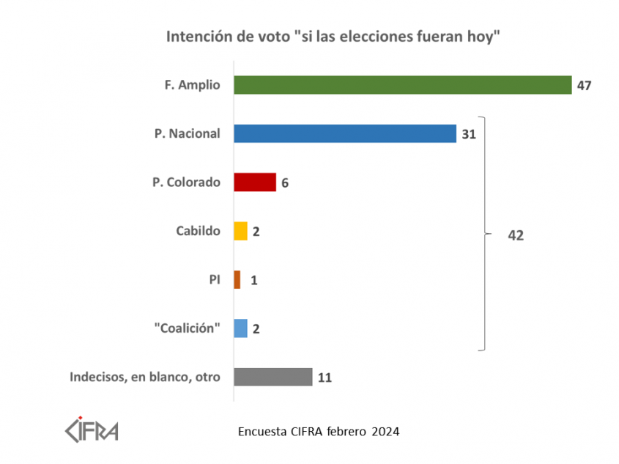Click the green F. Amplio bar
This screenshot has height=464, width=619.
click(x=402, y=85)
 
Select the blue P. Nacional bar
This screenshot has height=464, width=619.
click(x=345, y=133)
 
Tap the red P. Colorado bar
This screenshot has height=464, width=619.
click(x=254, y=183)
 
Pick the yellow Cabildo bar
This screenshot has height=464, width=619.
click(x=240, y=231)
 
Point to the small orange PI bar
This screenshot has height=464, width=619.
click(x=237, y=280)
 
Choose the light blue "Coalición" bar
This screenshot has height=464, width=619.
click(x=240, y=328)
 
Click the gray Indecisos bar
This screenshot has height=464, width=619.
click(x=273, y=378)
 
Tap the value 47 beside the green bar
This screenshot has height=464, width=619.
click(x=584, y=85)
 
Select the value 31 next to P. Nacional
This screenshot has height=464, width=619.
click(x=469, y=134)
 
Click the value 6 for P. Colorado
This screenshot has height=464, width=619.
click(x=285, y=183)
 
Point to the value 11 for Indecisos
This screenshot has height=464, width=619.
click(x=325, y=378)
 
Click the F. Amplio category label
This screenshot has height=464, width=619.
click(x=192, y=85)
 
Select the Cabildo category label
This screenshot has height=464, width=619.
click(x=198, y=231)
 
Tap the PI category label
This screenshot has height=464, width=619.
click(x=214, y=280)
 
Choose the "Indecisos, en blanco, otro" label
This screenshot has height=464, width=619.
click(x=145, y=378)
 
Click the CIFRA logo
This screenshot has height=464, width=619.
click(x=92, y=429)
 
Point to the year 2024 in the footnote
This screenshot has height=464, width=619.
click(x=385, y=431)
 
